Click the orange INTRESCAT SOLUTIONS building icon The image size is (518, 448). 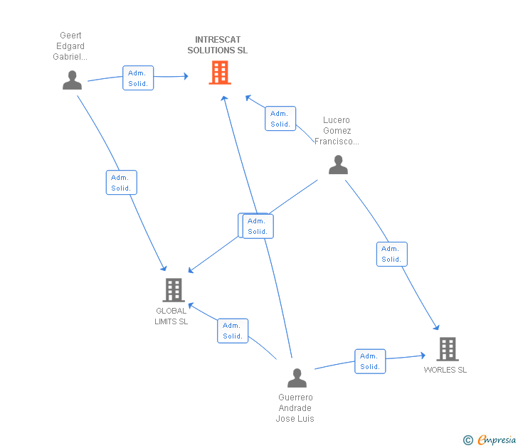[x=220, y=73]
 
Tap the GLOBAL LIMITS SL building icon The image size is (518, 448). [x=173, y=290]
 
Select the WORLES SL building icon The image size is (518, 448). [x=447, y=349]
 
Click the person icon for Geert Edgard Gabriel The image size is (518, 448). [x=72, y=80]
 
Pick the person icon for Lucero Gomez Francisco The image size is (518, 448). [x=338, y=165]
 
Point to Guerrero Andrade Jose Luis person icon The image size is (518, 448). [x=297, y=378]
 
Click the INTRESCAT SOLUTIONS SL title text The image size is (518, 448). [x=218, y=46]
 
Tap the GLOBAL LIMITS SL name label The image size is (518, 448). [x=171, y=316]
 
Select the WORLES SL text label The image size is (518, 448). [x=445, y=370]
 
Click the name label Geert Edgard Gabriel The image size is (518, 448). [x=70, y=46]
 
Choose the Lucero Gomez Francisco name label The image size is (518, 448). [x=337, y=131]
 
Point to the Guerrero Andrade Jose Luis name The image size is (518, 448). [x=295, y=408]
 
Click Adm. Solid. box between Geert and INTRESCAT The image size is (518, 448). [x=138, y=78]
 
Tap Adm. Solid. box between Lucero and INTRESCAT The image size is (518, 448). [x=280, y=119]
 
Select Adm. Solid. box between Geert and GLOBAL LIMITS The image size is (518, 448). [x=121, y=183]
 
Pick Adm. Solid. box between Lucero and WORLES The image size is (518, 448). [x=391, y=254]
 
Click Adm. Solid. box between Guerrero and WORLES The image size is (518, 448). [x=370, y=361]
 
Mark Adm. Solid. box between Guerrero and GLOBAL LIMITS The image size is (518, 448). [x=233, y=331]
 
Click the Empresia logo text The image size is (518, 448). [x=496, y=440]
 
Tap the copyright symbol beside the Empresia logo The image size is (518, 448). [x=468, y=440]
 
